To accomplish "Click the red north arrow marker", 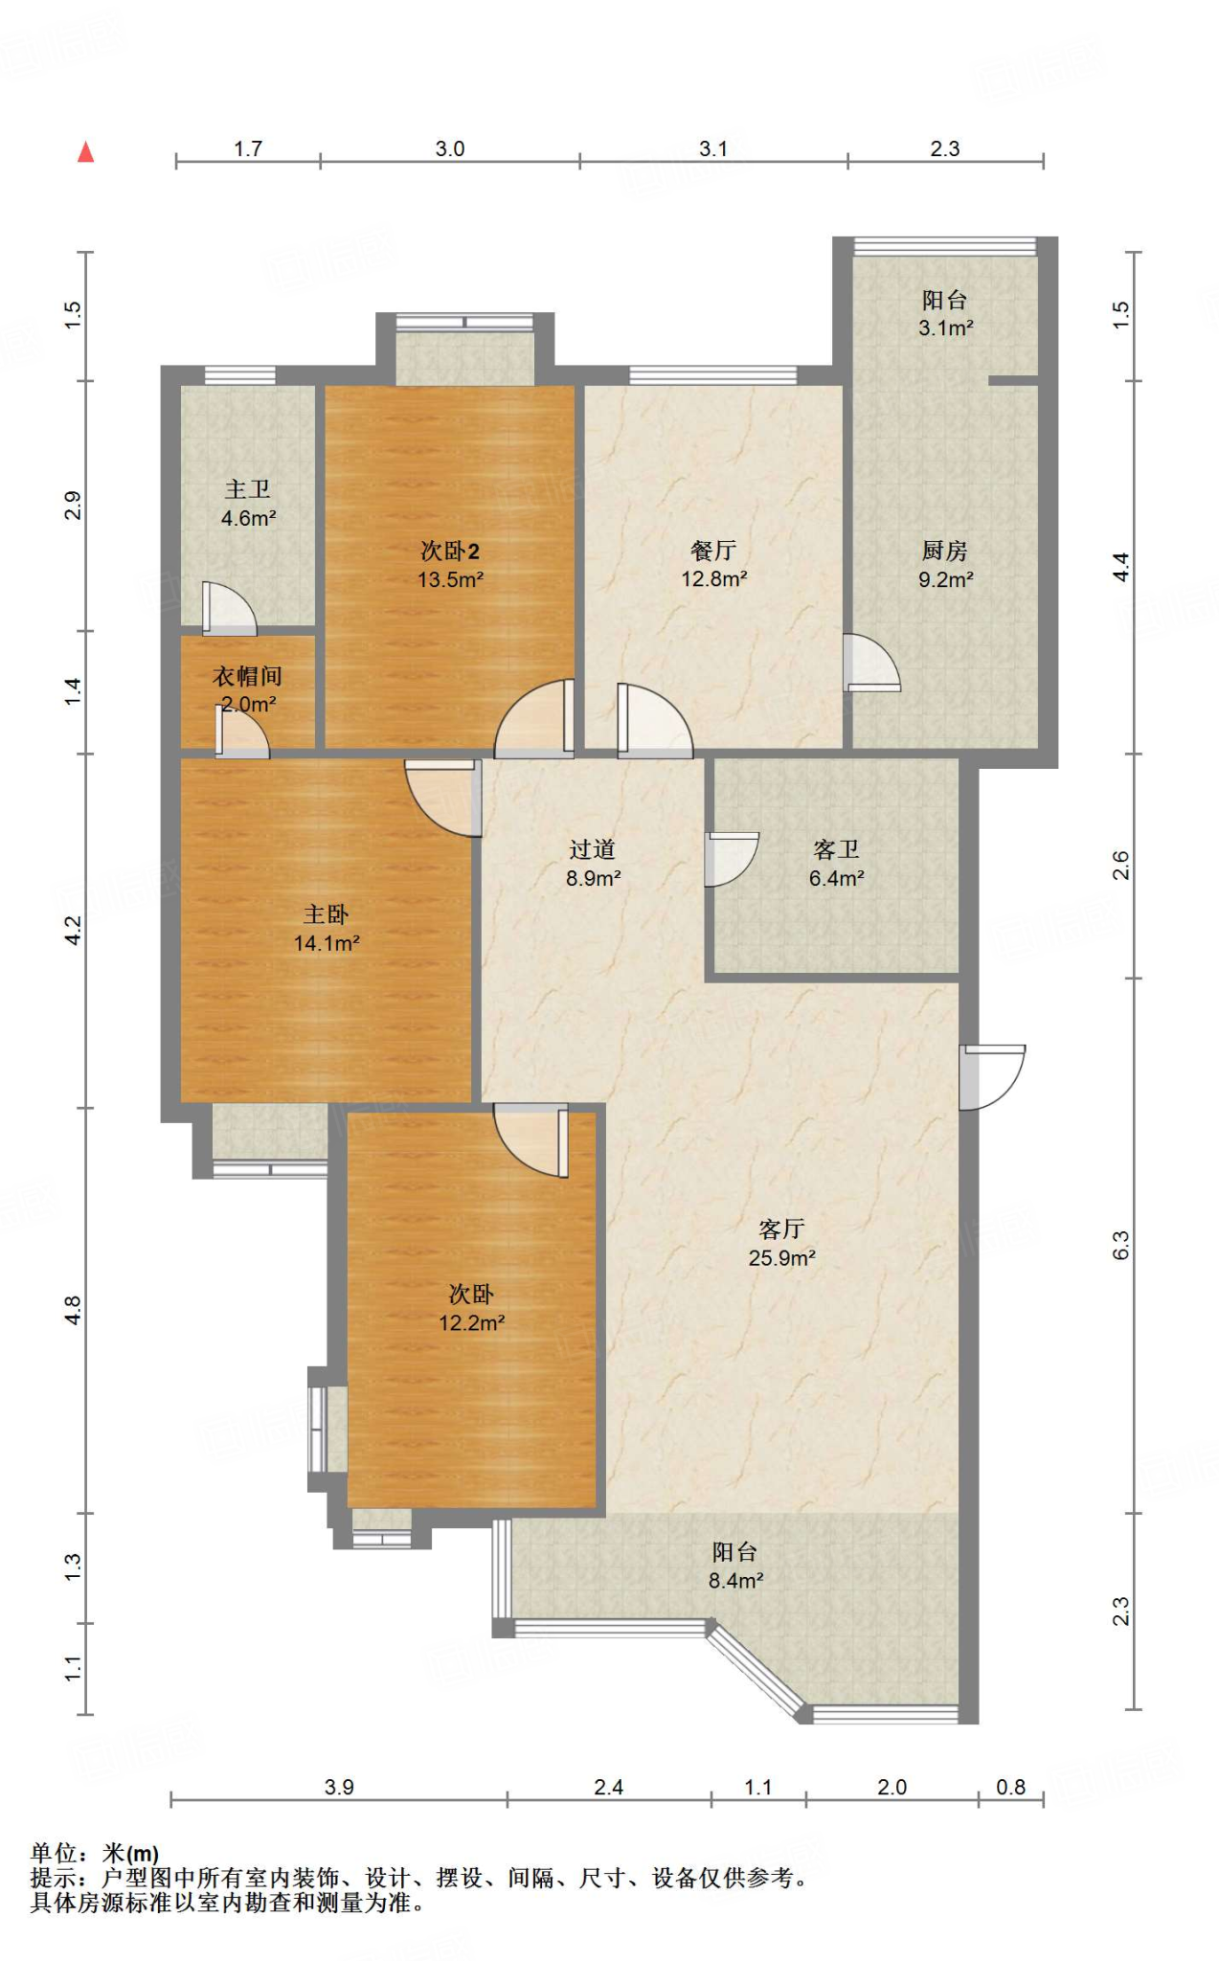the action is (x=86, y=152).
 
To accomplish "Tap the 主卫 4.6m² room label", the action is (x=248, y=504).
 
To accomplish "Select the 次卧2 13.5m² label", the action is (x=450, y=565).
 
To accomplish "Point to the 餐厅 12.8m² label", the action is (x=713, y=565).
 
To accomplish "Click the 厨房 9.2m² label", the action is (x=945, y=565).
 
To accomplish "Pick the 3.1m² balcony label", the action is (x=945, y=314).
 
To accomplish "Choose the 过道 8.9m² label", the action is (x=593, y=864).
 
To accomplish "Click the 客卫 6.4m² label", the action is (x=836, y=864).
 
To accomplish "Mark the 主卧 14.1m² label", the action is (x=327, y=929).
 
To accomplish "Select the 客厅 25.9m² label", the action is (x=781, y=1243).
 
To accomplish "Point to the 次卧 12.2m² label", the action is (x=471, y=1308).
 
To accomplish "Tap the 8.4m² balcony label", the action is (x=735, y=1567).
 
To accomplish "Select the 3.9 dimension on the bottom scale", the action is (x=339, y=1787).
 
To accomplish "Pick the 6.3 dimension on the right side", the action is (x=1120, y=1245).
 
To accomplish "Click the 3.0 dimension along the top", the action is (x=450, y=148).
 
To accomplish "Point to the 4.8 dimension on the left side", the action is (x=73, y=1311).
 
